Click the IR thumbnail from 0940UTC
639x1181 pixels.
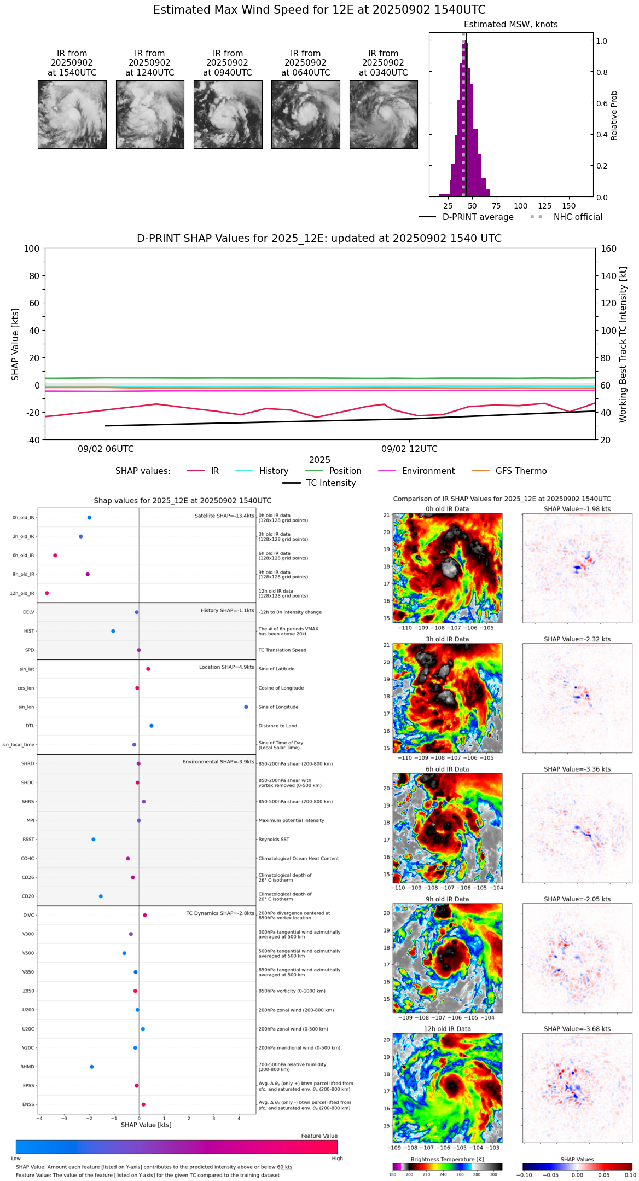228,114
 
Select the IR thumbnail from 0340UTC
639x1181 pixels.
384,114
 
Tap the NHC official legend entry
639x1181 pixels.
578,217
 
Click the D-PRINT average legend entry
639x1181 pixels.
478,217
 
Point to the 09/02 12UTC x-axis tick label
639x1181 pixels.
409,449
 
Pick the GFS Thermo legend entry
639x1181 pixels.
521,471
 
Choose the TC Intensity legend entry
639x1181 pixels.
330,483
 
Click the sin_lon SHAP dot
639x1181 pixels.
246,707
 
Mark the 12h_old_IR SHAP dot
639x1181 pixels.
47,593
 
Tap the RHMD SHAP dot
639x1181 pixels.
92,1067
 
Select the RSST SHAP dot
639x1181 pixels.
94,840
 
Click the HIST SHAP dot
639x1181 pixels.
113,631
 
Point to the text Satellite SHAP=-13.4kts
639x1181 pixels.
224,516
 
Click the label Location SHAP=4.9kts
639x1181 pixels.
226,667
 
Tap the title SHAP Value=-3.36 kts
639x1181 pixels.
577,769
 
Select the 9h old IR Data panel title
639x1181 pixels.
447,899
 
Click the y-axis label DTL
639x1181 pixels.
30,726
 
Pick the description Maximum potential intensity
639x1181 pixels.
291,820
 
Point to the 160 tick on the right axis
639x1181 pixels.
608,249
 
